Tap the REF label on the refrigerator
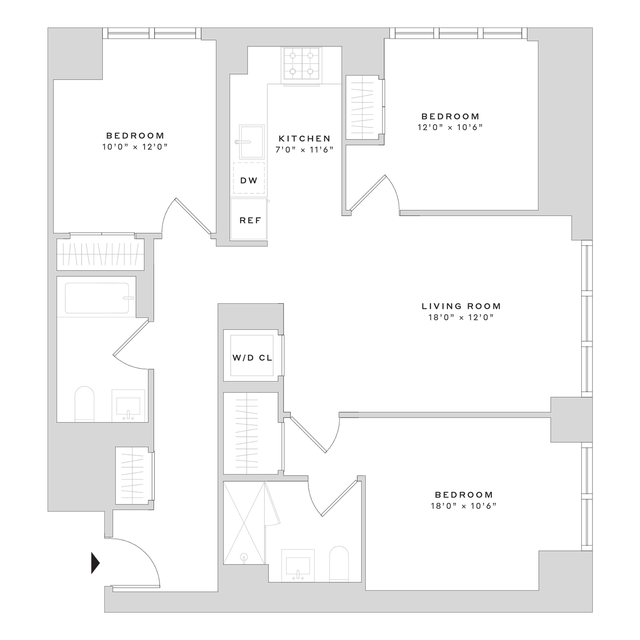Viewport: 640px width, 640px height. click(250, 220)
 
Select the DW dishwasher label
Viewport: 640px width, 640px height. click(249, 180)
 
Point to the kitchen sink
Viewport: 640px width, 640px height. click(251, 142)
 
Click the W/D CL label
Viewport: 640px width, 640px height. click(252, 358)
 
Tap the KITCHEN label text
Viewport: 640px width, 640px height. click(305, 138)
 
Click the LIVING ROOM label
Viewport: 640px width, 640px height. click(461, 306)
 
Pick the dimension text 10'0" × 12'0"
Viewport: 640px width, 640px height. click(135, 147)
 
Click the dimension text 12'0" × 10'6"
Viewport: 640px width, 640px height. click(450, 127)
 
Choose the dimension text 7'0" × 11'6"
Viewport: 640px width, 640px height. click(304, 150)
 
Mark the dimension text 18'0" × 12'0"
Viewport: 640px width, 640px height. click(461, 317)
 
